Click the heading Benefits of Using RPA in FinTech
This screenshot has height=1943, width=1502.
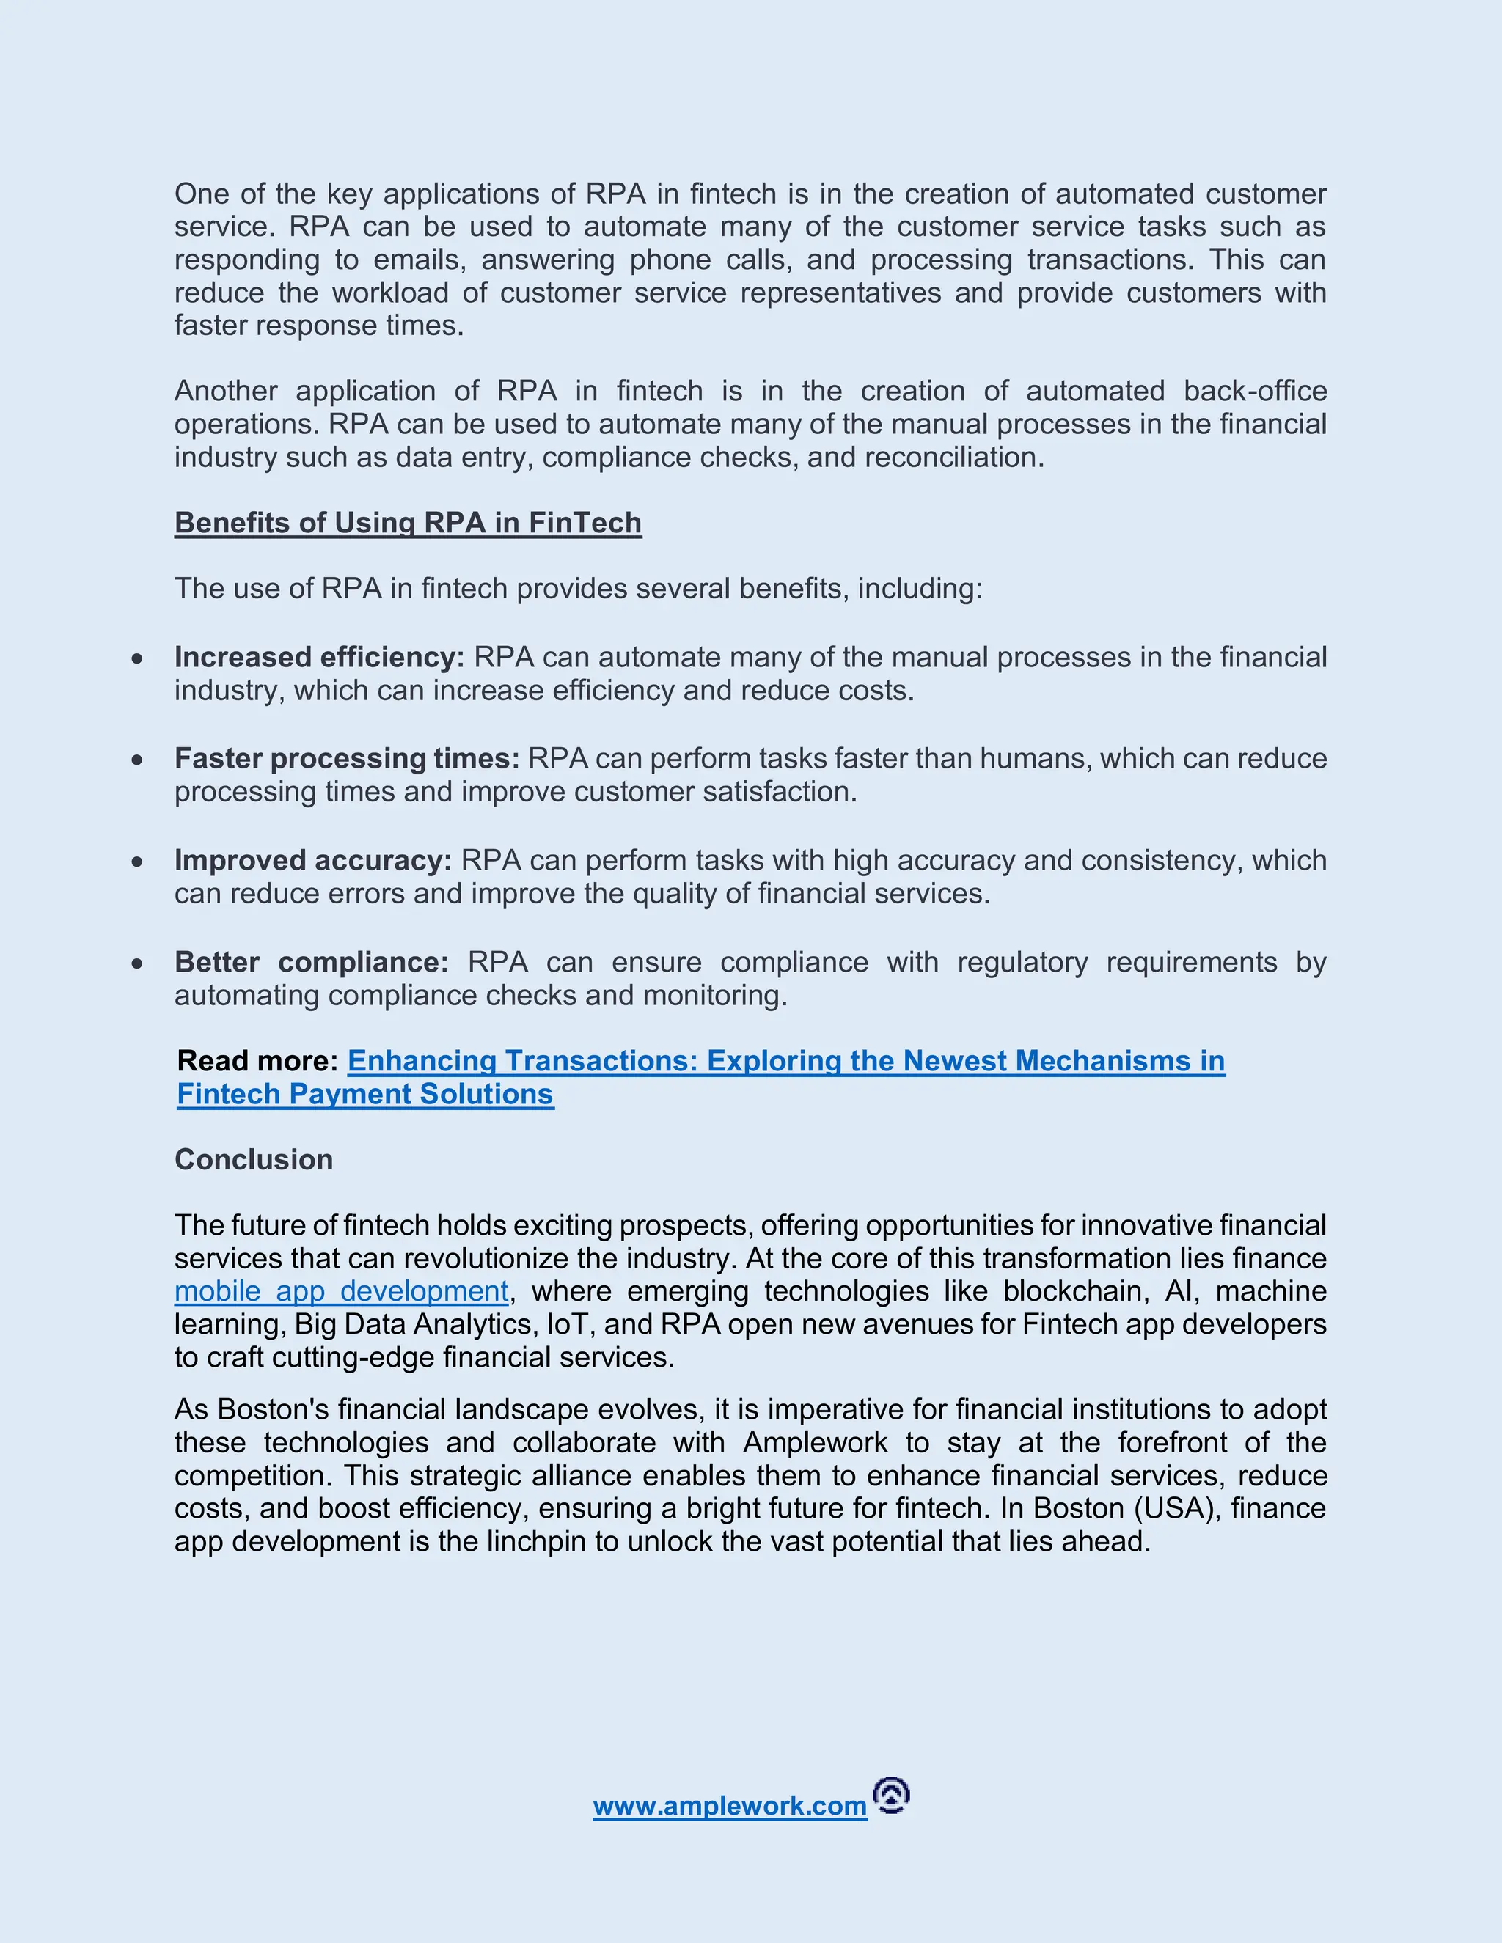(x=408, y=523)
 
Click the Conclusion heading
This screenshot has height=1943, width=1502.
(x=254, y=1160)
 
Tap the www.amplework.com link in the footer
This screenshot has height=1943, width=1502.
(x=730, y=1806)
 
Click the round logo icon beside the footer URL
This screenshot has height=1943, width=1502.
(x=892, y=1796)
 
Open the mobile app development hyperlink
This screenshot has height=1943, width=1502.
(x=342, y=1292)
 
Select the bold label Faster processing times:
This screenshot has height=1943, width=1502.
(x=347, y=759)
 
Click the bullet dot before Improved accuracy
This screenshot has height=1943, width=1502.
(x=137, y=862)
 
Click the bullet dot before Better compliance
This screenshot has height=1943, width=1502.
(x=137, y=963)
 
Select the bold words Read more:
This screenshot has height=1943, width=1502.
(x=257, y=1062)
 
